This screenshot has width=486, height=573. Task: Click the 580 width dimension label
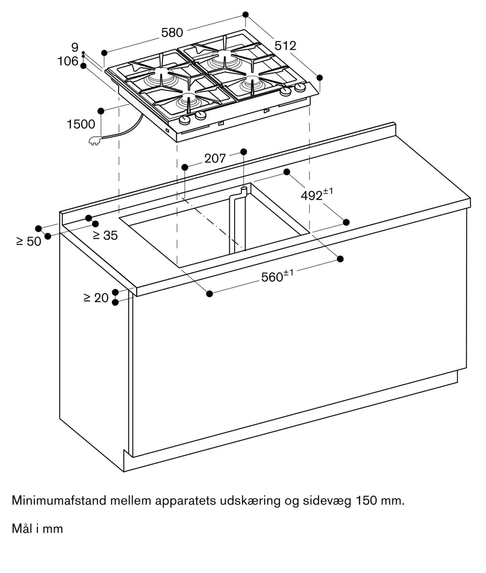172,33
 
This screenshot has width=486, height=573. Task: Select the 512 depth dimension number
285,46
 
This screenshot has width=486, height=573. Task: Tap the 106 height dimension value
68,61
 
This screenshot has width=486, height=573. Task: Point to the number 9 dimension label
75,47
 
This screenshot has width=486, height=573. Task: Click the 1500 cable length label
81,124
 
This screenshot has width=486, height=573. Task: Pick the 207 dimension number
215,158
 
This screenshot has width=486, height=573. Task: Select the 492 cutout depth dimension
317,195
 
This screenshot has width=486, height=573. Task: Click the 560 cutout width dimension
277,276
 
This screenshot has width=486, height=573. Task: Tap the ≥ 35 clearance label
105,236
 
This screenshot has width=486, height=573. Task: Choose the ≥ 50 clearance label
29,242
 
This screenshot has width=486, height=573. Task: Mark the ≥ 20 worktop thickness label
96,298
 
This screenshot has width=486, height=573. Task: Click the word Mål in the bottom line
22,529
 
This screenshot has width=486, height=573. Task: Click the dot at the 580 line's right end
245,14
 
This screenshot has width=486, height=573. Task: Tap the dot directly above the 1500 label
101,111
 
